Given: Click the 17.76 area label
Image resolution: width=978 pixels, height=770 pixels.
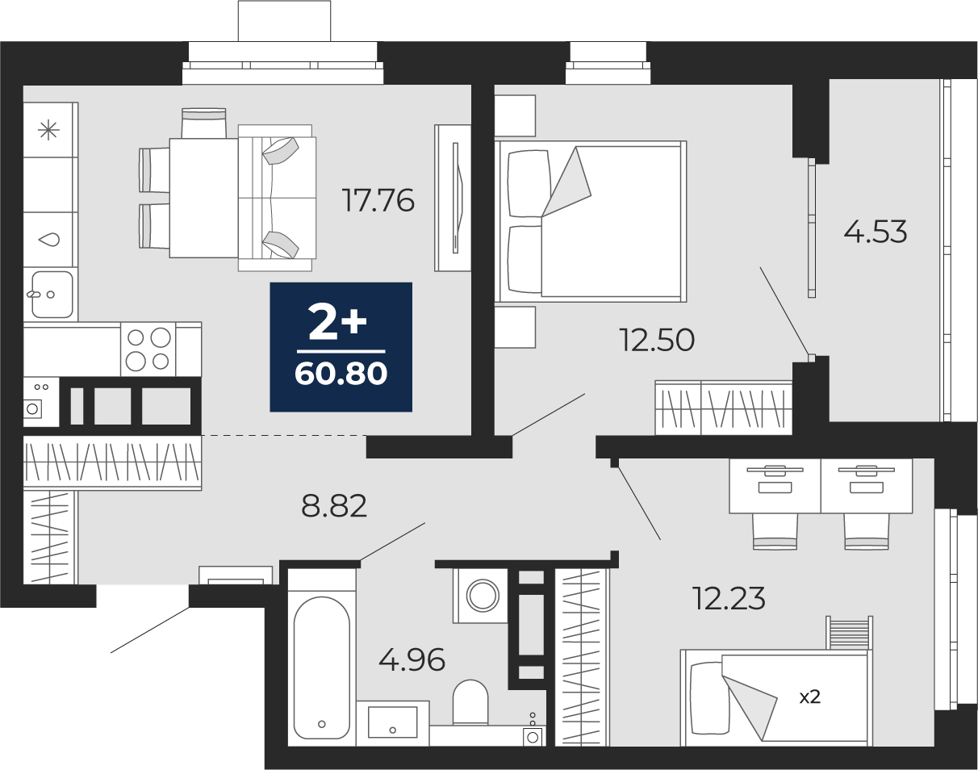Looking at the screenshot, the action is [379, 201].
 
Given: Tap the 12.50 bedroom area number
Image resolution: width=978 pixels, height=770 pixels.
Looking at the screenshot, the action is [657, 341].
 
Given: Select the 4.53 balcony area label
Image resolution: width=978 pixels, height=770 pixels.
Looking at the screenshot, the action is [876, 232].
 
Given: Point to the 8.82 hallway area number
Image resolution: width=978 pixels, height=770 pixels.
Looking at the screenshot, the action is [334, 506].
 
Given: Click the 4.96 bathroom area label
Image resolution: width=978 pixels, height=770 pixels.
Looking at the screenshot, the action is [412, 660].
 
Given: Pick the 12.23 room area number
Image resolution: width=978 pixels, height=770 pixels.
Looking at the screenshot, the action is [729, 598].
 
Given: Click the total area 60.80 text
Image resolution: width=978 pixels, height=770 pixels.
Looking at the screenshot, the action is [341, 374].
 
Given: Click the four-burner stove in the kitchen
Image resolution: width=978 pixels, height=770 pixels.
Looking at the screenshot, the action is [148, 349].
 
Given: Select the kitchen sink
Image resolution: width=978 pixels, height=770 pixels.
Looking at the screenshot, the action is [52, 295].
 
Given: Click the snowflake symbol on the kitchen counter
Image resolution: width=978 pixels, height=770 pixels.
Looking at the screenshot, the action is [48, 131].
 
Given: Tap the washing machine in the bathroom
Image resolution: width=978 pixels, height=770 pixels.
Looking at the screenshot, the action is [480, 596].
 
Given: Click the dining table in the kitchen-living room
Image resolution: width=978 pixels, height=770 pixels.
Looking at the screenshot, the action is [204, 199].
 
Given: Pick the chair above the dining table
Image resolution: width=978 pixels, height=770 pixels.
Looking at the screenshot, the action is [203, 123].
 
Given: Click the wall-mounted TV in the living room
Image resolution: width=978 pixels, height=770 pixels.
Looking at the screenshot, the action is [456, 198].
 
